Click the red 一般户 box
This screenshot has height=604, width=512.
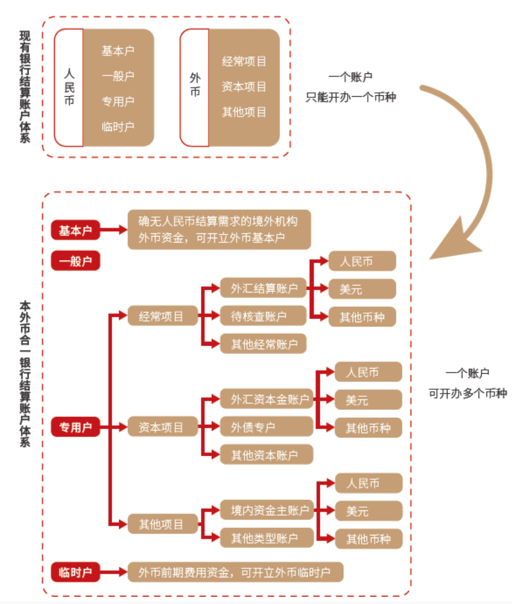[x=76, y=261]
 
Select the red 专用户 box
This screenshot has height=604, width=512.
[x=76, y=427]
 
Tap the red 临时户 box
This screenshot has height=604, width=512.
[x=76, y=572]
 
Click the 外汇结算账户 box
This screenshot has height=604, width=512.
[x=263, y=289]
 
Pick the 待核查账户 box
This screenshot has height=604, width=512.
[x=263, y=316]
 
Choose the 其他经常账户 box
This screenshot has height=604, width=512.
[x=263, y=344]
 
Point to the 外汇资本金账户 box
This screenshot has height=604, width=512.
[x=267, y=399]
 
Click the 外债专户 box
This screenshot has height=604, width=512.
[x=267, y=427]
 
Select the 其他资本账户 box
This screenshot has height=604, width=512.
[x=267, y=455]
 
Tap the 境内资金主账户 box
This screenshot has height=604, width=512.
[x=267, y=510]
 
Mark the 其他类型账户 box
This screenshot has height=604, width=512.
[x=267, y=538]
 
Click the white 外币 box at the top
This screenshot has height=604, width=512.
[x=195, y=88]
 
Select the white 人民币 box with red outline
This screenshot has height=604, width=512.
[x=69, y=88]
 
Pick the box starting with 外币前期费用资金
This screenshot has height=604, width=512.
[x=235, y=572]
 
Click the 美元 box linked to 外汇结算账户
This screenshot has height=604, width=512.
[x=362, y=289]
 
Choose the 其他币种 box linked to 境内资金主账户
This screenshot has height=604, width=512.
[x=368, y=539]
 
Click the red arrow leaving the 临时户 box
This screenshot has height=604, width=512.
[x=113, y=572]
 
